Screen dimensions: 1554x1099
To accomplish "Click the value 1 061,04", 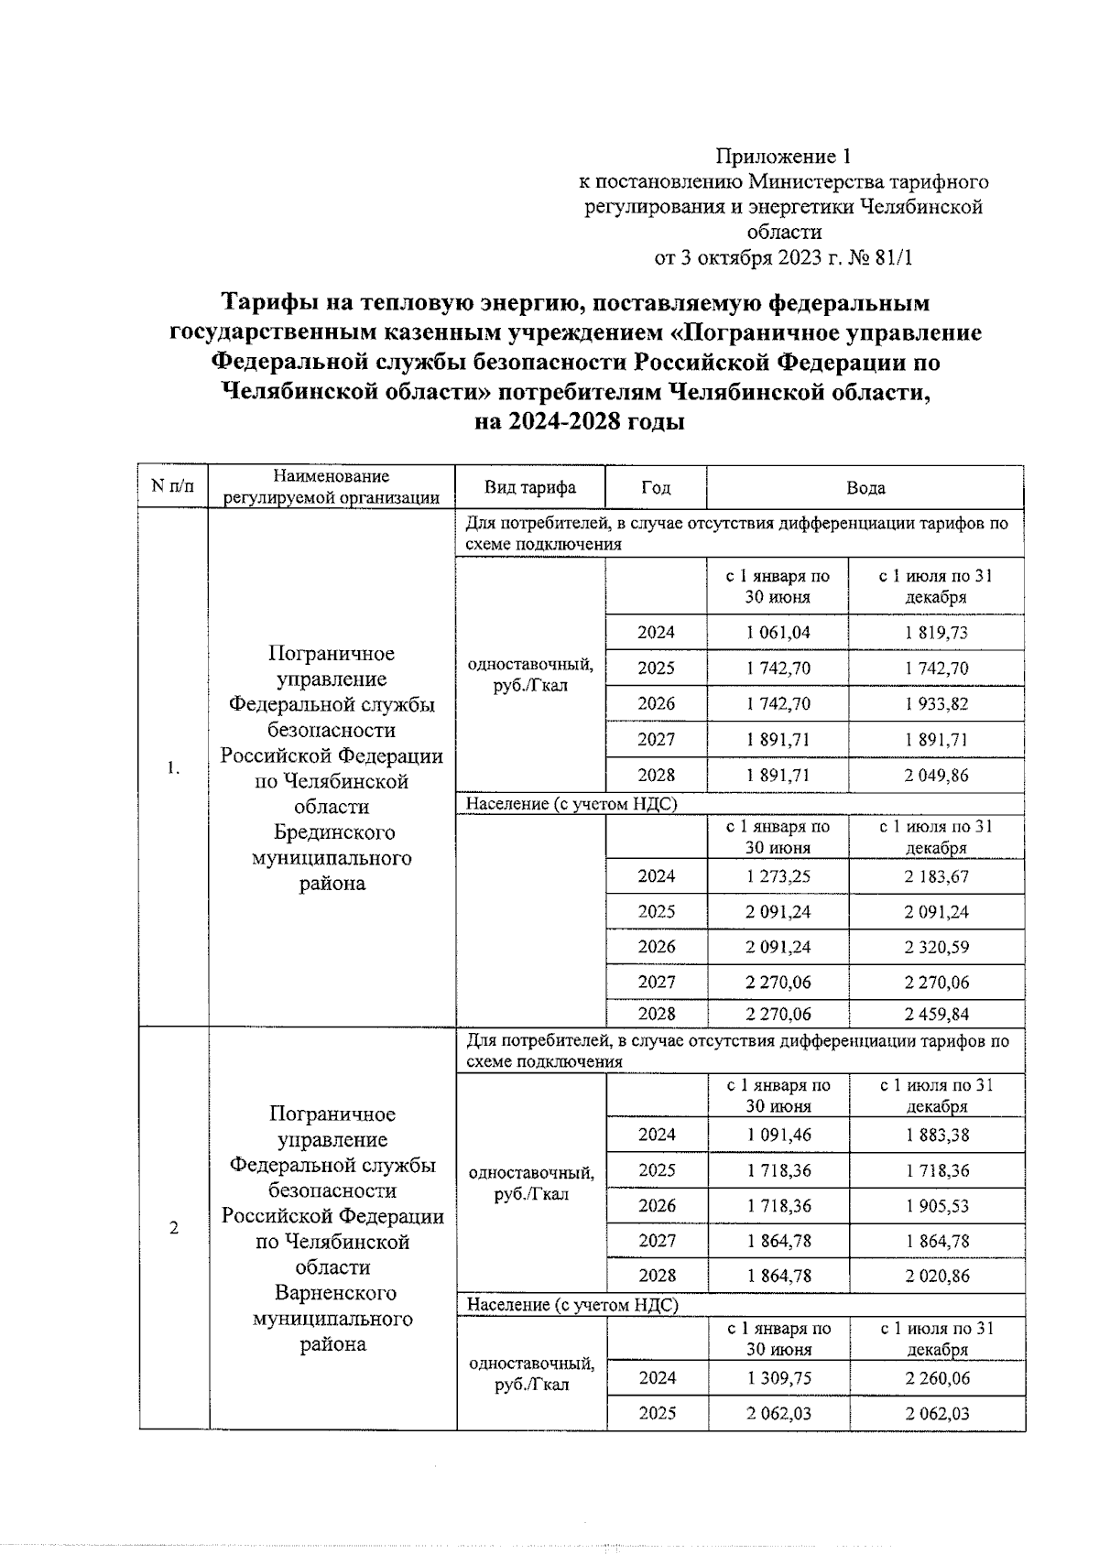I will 778,633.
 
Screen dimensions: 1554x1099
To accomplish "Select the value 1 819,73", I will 936,633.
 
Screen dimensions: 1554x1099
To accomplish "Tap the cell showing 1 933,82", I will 936,704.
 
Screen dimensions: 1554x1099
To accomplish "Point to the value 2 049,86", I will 936,776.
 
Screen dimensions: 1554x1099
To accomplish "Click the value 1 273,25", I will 778,876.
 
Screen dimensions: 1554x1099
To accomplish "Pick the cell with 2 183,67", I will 936,876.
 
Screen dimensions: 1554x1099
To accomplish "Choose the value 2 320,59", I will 936,947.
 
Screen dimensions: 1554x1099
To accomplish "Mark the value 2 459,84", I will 936,1014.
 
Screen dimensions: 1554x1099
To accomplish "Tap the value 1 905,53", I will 937,1206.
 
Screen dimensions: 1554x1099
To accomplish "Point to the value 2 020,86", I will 937,1276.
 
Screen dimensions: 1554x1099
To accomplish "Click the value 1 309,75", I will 778,1378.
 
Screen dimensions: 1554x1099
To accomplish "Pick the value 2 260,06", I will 937,1378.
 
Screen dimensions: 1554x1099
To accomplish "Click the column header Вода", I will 865,488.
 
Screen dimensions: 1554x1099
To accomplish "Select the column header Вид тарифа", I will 530,487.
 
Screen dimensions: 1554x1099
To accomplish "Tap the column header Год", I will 656,487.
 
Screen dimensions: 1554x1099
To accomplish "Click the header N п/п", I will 173,486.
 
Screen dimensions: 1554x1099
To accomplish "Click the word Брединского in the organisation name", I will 334,832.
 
